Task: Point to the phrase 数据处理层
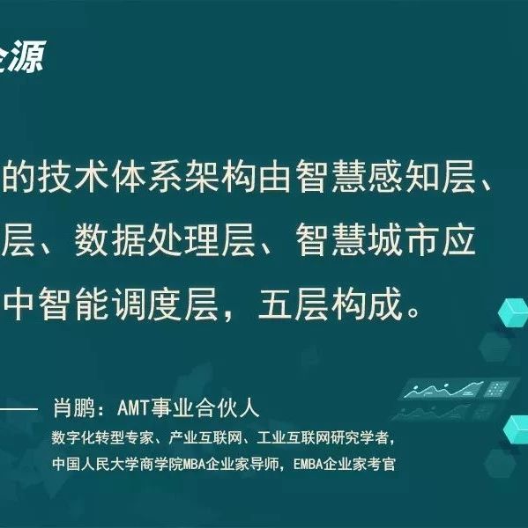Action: (165, 240)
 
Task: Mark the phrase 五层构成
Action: (331, 304)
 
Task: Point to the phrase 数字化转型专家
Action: (102, 437)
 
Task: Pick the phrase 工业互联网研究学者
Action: (323, 437)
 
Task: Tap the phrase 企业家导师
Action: (243, 464)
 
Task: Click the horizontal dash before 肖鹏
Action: (19, 409)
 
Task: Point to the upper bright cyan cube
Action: (514, 312)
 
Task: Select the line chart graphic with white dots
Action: (444, 390)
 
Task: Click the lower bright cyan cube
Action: (517, 430)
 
